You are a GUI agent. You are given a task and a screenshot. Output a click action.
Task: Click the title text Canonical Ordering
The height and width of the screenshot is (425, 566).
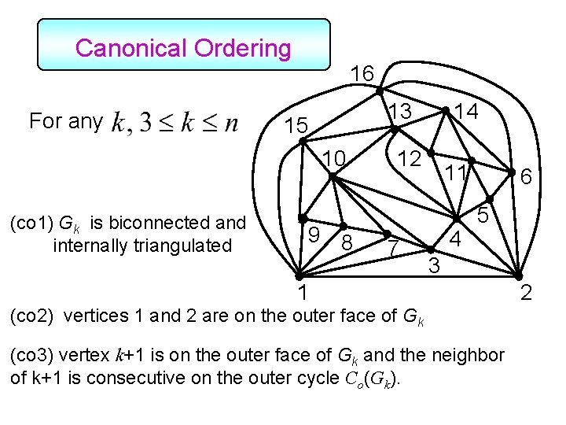point(183,48)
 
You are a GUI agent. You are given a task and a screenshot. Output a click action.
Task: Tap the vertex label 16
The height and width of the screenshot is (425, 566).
point(362,74)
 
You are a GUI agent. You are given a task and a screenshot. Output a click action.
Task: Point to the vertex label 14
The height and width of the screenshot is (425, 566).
point(470,111)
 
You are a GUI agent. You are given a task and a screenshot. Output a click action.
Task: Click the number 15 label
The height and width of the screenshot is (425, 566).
point(296,126)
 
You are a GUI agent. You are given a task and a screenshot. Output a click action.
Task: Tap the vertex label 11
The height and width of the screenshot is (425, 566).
point(454,172)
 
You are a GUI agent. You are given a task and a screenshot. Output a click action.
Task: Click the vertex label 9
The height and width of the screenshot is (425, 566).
point(312,234)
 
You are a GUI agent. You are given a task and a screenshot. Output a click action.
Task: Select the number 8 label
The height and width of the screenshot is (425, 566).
point(347,244)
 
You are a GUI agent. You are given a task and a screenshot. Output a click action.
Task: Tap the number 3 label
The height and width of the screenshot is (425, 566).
point(433,266)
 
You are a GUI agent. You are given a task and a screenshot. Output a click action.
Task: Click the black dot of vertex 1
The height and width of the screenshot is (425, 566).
point(299,276)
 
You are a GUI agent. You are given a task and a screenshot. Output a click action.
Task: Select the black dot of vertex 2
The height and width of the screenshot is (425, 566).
point(517,276)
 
